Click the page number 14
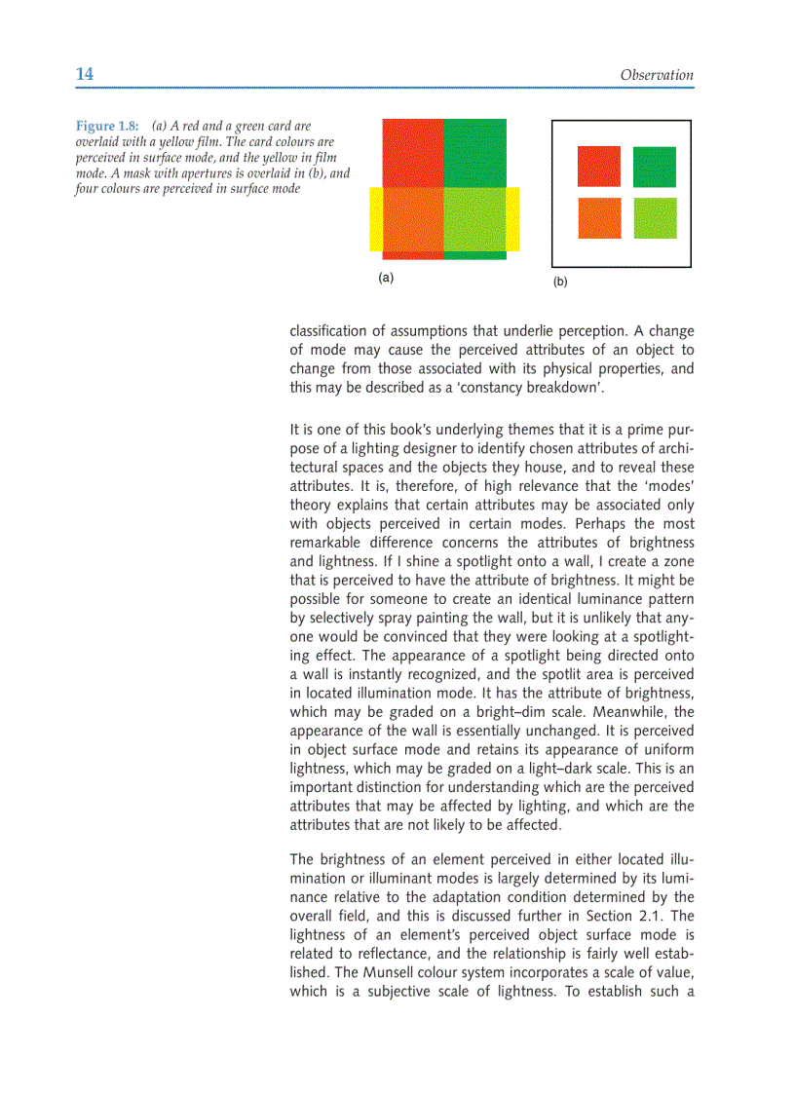tap(85, 75)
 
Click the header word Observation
tap(657, 75)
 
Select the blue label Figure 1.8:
tap(107, 126)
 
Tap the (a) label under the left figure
tap(386, 278)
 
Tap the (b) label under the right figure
tap(560, 282)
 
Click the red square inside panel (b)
tap(599, 167)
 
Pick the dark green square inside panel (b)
tap(655, 167)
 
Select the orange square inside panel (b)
tap(599, 218)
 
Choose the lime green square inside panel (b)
tap(655, 218)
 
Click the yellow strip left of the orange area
tap(375, 218)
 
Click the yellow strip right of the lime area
tap(512, 218)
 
